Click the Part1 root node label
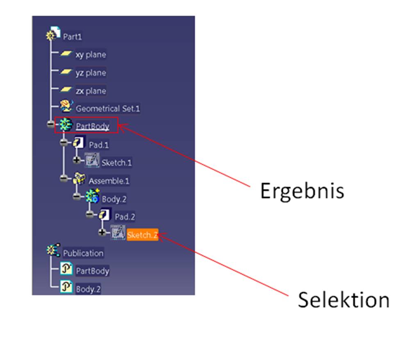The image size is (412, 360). tap(72, 37)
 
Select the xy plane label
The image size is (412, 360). tap(91, 54)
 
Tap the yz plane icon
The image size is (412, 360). tap(66, 71)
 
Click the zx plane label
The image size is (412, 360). tap(91, 91)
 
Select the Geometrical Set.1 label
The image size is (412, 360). tap(108, 109)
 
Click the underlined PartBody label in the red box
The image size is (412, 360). tap(93, 126)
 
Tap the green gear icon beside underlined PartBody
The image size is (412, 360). tap(65, 125)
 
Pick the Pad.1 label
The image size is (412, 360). tap(98, 145)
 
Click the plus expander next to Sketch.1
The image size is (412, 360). tap(77, 160)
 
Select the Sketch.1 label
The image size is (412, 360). tap(116, 163)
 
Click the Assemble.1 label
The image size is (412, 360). tap(109, 181)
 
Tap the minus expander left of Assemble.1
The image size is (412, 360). tap(64, 178)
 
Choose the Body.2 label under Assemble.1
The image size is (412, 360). tap(114, 199)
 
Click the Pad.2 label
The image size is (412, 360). tap(125, 217)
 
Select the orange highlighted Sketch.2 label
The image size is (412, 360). tap(142, 235)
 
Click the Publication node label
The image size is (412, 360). tap(83, 253)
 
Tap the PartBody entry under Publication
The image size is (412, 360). tap(93, 271)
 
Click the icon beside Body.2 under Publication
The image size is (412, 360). tap(66, 286)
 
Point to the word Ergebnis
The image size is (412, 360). tap(302, 191)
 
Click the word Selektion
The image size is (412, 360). tap(344, 300)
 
